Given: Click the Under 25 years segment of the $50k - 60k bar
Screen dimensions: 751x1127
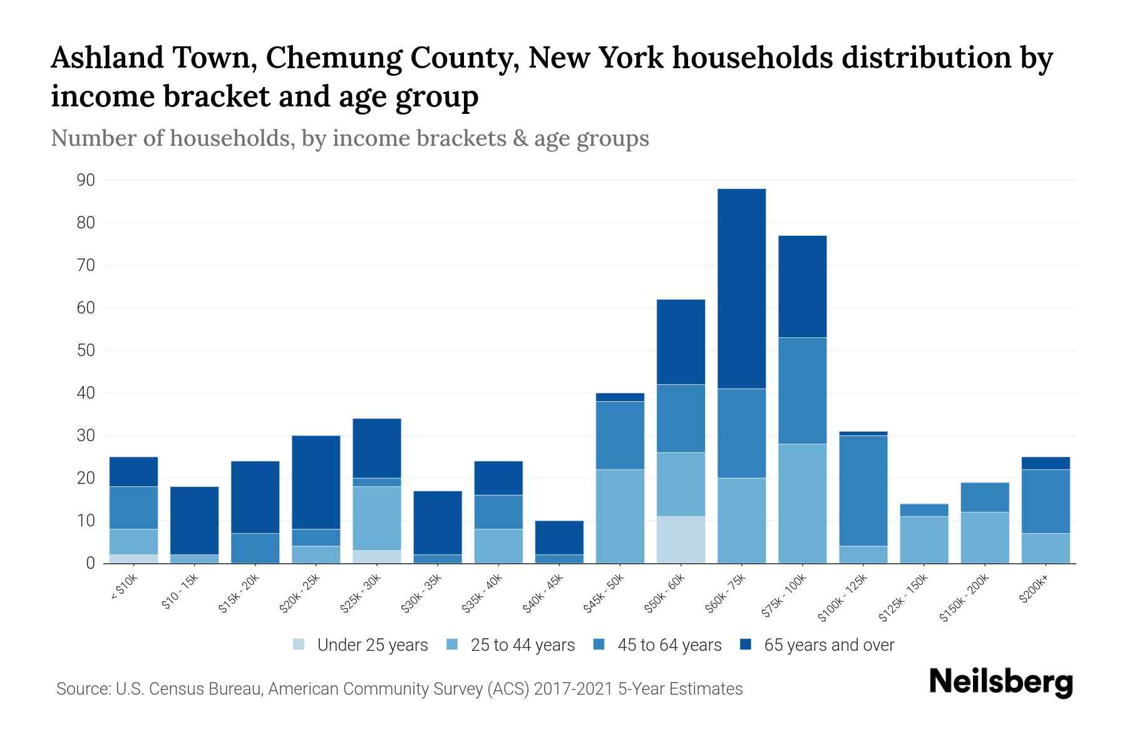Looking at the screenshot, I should click(x=681, y=539).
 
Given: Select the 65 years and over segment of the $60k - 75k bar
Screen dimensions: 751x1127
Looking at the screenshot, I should click(x=741, y=289).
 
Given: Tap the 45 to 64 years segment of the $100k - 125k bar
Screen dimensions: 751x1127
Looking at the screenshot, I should click(x=863, y=491).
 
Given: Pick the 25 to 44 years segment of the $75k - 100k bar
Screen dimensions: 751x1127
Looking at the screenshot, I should click(x=802, y=503).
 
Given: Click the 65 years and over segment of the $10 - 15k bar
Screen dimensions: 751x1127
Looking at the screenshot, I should click(x=194, y=521).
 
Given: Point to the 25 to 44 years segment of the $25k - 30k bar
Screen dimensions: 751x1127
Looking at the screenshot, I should click(x=377, y=518).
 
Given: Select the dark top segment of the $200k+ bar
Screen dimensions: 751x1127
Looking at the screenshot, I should click(x=1046, y=463).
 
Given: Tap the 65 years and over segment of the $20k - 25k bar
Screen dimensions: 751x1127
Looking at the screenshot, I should click(x=316, y=482).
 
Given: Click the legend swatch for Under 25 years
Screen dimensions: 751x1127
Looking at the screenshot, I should click(x=299, y=644).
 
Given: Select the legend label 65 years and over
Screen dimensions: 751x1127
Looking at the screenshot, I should click(x=829, y=645).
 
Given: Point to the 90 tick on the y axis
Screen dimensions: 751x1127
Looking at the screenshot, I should click(x=86, y=180).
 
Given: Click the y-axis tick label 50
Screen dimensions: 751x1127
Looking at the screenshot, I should click(x=86, y=350).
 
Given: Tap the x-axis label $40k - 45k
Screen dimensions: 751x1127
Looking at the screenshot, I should click(x=544, y=594).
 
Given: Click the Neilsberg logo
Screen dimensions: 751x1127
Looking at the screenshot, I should click(x=1001, y=682).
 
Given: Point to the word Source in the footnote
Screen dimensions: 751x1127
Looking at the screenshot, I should click(x=81, y=689).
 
